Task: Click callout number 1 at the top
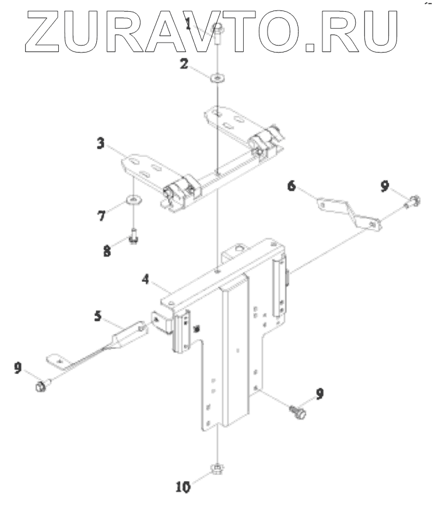pos(189,24)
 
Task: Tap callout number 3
pos(101,143)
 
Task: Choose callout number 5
pos(99,316)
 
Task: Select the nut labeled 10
pos(217,468)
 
